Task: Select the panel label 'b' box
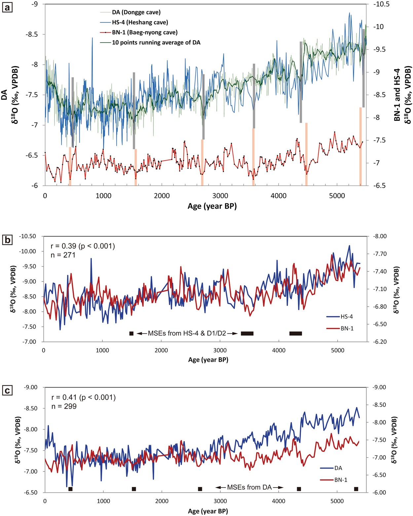7,240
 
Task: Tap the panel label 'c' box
7,390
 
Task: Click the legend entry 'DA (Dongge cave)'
136,12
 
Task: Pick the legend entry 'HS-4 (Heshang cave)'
140,22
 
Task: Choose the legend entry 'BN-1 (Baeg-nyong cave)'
144,32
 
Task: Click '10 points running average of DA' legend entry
156,43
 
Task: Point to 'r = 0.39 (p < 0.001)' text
83,246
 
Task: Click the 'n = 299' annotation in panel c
64,406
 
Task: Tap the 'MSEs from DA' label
249,487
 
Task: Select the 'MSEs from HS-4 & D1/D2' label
187,333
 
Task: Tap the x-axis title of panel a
212,206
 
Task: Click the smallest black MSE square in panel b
131,333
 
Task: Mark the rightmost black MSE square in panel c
356,489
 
